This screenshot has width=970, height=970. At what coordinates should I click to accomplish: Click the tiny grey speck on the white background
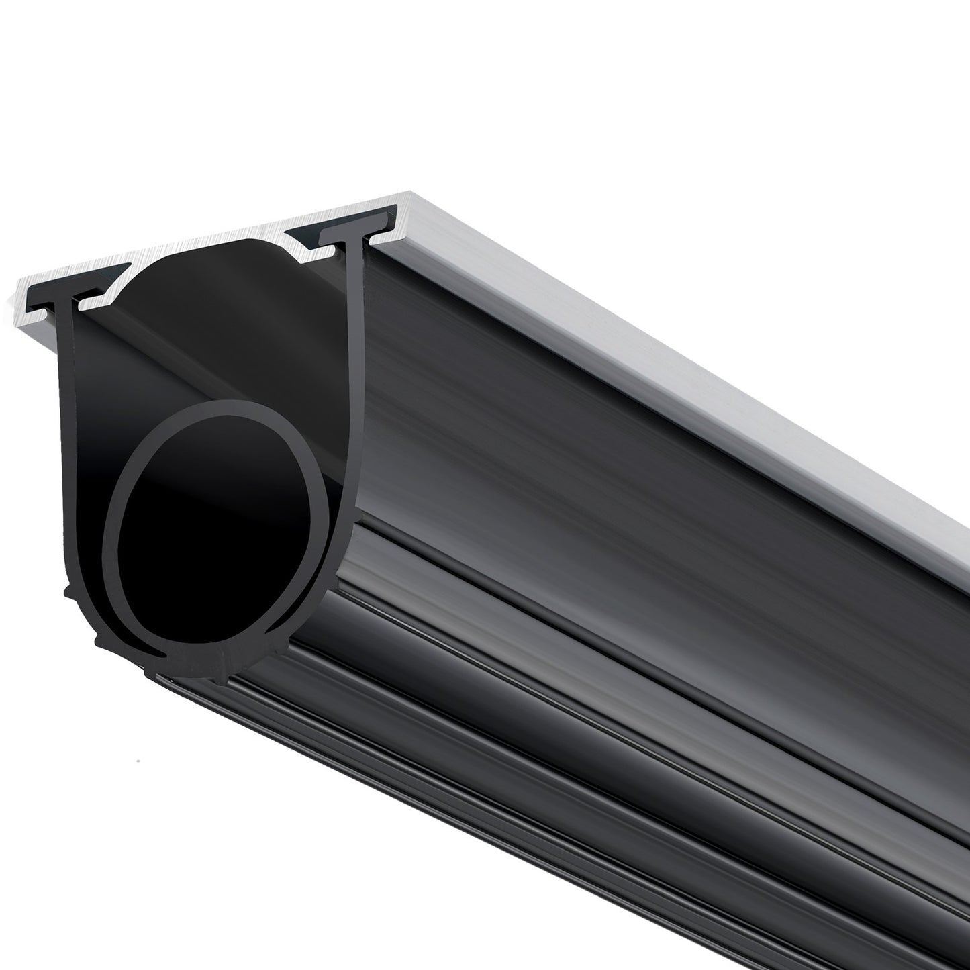click(137, 761)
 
